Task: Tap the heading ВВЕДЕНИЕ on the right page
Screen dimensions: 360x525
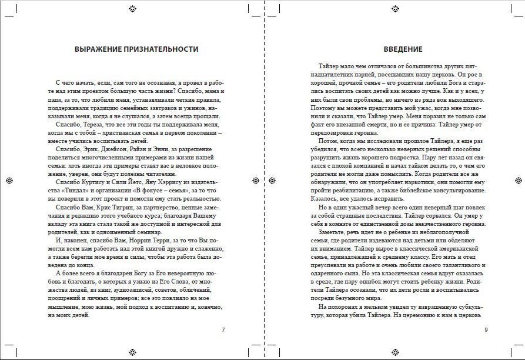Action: coord(403,49)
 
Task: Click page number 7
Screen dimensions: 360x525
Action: coord(223,329)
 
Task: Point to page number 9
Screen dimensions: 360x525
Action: coord(486,329)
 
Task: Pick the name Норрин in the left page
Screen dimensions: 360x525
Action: coord(143,241)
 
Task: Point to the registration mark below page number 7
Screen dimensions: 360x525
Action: coord(132,352)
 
